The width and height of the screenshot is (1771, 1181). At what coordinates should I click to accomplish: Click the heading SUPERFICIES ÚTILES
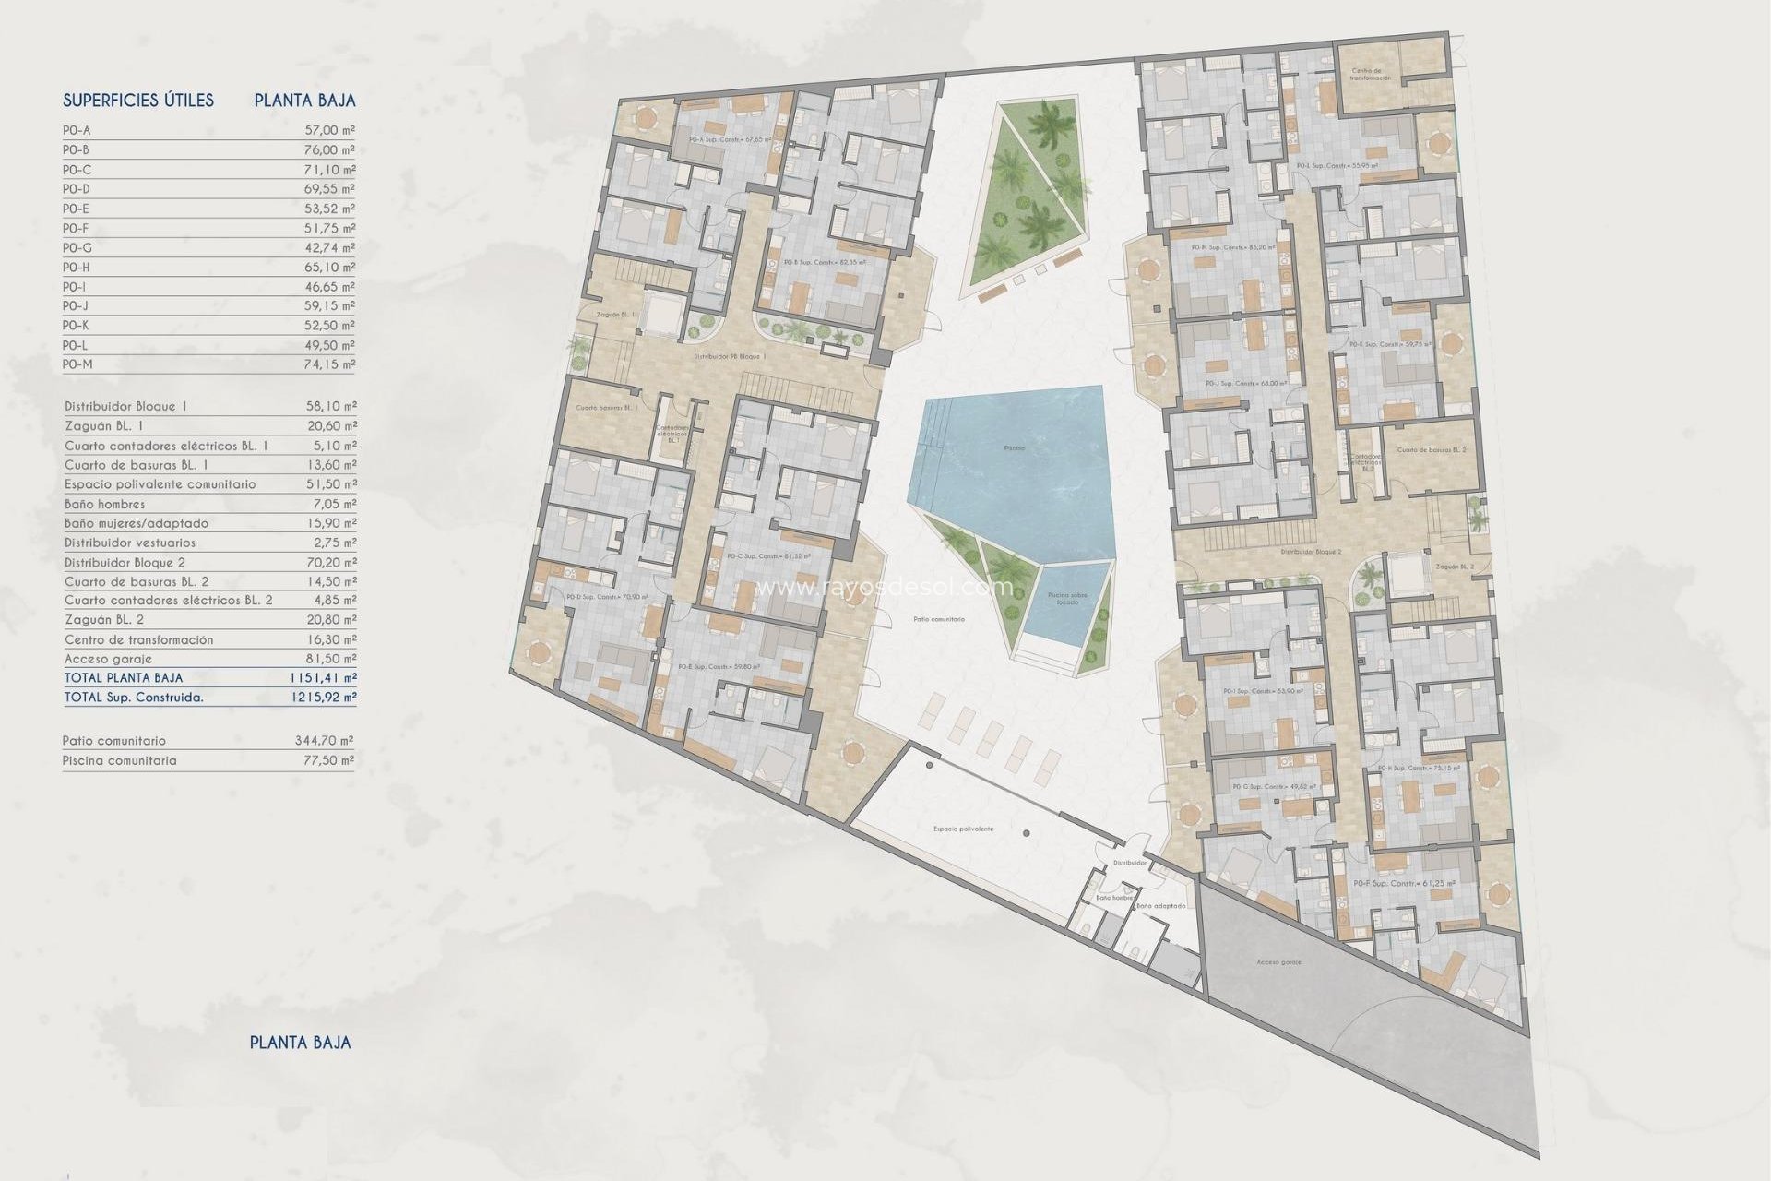pos(138,101)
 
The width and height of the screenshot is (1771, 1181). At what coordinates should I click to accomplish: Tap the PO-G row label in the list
pos(77,248)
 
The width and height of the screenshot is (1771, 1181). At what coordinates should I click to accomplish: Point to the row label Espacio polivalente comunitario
pos(160,484)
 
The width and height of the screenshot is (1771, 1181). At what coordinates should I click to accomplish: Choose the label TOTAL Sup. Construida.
pos(134,698)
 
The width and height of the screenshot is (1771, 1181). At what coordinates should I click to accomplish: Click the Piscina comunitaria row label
pos(119,761)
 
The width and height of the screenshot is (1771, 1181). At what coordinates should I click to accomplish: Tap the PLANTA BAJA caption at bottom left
pos(300,1043)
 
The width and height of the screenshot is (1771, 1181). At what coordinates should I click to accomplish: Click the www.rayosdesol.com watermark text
pos(885,587)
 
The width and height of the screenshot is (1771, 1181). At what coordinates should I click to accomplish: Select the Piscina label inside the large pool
pos(1014,448)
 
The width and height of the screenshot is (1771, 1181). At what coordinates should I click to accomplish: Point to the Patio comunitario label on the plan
pos(939,619)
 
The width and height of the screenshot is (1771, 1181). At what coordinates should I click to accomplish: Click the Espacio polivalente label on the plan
pos(963,829)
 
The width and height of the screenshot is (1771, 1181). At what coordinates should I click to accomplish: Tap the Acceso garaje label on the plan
pos(1278,962)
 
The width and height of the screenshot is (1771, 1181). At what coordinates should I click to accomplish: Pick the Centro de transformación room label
pos(1371,75)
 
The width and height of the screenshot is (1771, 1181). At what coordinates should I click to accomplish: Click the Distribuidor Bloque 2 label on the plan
pos(1311,552)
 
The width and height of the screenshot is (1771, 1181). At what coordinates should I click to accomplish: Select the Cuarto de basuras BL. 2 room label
pos(1431,450)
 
